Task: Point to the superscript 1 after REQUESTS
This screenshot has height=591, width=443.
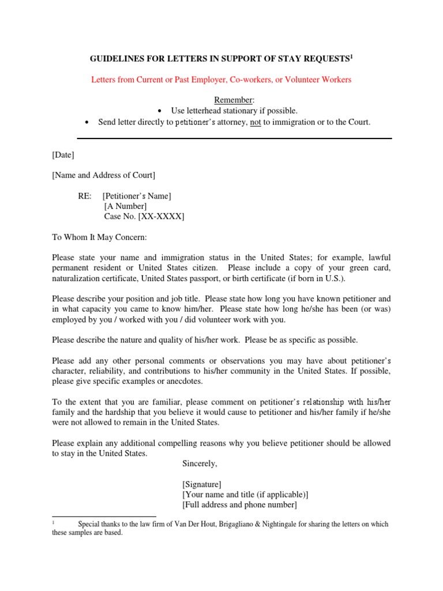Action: (352, 56)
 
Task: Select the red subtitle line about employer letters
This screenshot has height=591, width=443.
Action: (221, 80)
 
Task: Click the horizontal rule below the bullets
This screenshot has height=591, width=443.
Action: (234, 139)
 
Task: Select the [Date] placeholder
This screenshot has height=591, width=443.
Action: (63, 155)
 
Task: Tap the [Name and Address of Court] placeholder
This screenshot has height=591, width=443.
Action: (103, 175)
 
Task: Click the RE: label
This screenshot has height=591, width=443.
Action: (85, 196)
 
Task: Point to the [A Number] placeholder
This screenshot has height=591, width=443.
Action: (125, 206)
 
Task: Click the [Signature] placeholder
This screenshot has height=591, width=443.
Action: (201, 484)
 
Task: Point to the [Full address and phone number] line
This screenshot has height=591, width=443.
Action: (239, 505)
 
